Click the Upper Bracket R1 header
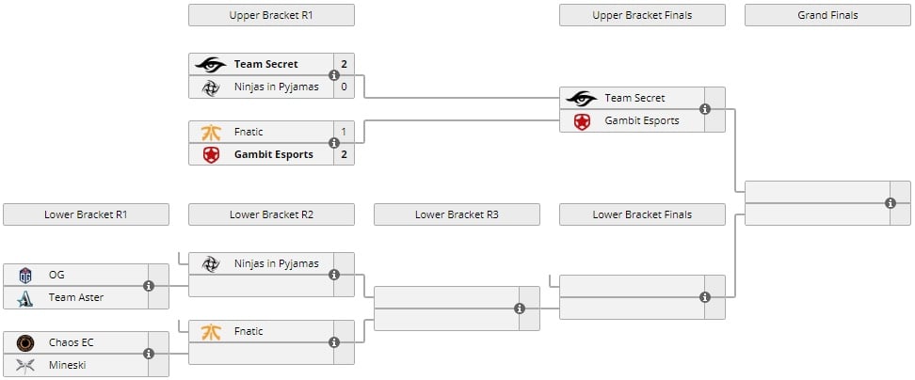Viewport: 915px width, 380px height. click(271, 15)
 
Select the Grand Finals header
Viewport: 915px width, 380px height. click(827, 15)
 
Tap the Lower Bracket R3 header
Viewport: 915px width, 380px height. click(457, 214)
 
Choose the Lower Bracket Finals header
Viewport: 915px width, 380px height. click(642, 214)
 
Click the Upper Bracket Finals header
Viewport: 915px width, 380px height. click(642, 15)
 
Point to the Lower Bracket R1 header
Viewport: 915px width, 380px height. click(86, 214)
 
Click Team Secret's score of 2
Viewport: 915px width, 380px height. click(345, 64)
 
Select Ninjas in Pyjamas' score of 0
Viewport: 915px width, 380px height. click(345, 87)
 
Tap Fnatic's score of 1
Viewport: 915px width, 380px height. click(345, 132)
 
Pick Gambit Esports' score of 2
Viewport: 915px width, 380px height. click(345, 154)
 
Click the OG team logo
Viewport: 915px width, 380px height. click(25, 275)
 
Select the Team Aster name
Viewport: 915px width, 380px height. click(76, 297)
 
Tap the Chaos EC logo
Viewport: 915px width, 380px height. click(25, 342)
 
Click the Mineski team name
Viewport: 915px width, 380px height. click(68, 365)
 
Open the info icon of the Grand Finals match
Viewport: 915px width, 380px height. click(891, 203)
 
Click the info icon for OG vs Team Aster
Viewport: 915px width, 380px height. click(149, 286)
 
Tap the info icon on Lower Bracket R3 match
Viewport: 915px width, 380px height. click(520, 309)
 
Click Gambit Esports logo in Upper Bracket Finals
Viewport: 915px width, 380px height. click(582, 120)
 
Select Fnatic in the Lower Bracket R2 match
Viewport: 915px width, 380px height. click(249, 331)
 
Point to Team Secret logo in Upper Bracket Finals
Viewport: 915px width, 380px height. click(582, 98)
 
